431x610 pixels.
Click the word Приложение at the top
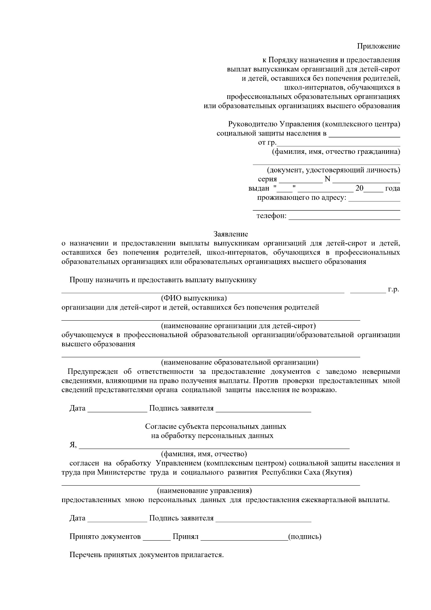coord(378,46)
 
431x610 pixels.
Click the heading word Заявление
coord(231,234)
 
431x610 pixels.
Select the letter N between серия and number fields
coord(327,179)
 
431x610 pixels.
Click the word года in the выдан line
coord(392,188)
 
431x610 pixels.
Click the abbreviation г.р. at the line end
coord(393,289)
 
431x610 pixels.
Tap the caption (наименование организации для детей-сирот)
coord(238,326)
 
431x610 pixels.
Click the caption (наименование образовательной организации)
coord(239,362)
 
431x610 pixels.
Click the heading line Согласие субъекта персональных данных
coord(215,426)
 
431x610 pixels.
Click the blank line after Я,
coord(214,447)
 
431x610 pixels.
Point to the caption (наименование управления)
coord(204,491)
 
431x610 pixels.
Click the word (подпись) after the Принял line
coord(305,537)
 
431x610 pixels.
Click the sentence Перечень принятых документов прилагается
coord(147,555)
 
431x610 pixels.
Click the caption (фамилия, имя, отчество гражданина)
coord(335,152)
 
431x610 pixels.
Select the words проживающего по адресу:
coord(301,198)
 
